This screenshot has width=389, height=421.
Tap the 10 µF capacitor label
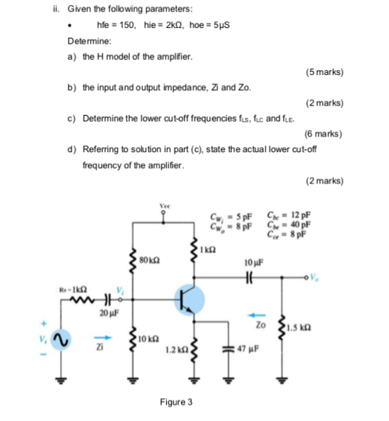coord(253,262)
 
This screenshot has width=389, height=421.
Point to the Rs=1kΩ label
coord(70,288)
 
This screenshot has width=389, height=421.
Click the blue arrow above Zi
coord(100,339)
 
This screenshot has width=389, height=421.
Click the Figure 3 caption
coord(176,402)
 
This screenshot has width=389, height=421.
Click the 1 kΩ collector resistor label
coord(207,249)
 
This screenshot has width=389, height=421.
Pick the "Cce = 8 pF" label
coord(286,232)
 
